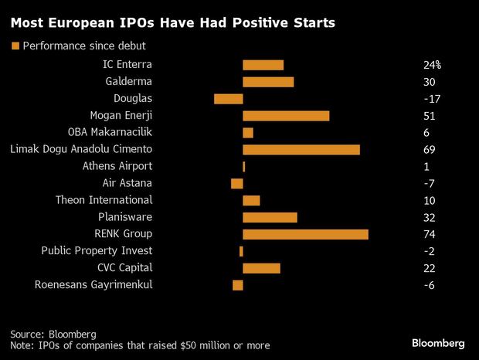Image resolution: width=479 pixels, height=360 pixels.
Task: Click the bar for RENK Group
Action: coord(305,234)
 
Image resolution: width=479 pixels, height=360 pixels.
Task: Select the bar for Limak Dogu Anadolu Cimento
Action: coord(301,149)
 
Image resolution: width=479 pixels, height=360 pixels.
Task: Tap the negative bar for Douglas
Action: coord(228,98)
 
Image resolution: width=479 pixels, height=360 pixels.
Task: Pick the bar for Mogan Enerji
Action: coord(286,115)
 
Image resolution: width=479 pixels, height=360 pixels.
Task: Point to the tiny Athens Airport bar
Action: coord(244,166)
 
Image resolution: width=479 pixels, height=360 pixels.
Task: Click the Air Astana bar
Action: coord(236,183)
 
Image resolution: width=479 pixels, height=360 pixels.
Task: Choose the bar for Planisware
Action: coord(270,217)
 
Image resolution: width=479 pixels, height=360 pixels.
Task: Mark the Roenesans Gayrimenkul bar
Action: coord(237,285)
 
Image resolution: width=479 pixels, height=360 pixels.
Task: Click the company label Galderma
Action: coord(128,81)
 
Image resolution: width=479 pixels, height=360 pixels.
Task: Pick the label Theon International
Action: coord(104,200)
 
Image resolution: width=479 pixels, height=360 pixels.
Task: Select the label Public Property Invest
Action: coord(97,251)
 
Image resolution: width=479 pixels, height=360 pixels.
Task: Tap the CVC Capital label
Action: coord(124,268)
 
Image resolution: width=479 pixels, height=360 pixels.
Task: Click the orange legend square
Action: coord(15,46)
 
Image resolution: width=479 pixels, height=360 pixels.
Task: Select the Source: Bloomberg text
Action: coord(53,334)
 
